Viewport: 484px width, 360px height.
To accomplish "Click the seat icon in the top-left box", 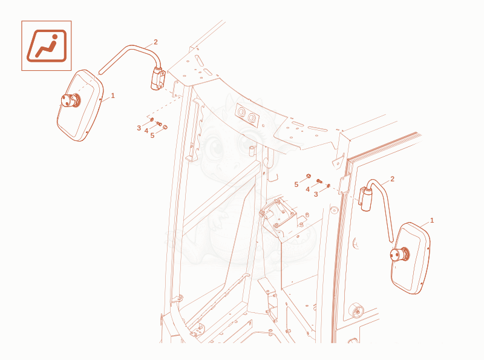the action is point(47,46).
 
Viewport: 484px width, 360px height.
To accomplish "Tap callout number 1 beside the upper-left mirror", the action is point(113,96).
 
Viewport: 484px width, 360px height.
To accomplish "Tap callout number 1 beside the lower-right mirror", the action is point(432,220).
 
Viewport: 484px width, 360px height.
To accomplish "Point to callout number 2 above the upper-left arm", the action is point(155,42).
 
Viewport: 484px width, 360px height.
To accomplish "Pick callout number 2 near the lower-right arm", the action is point(392,179).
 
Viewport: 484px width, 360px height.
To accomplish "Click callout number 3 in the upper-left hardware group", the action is point(139,128).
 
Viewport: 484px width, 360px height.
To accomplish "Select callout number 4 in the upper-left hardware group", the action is point(146,131).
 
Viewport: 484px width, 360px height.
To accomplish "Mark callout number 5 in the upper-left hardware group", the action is point(152,136).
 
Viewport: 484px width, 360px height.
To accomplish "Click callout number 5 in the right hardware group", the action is point(296,185).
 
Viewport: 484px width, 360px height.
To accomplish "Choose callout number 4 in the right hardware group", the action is point(307,189).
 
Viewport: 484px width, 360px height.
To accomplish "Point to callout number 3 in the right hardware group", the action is point(316,194).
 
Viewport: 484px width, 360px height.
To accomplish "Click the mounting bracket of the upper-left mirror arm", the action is point(158,79).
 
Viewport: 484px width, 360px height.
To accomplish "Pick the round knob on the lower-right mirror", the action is point(399,255).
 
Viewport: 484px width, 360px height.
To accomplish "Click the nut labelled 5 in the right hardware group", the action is point(308,176).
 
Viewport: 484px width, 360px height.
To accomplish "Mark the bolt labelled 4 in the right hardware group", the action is point(319,181).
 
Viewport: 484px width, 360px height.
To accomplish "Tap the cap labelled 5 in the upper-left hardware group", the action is point(165,127).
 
